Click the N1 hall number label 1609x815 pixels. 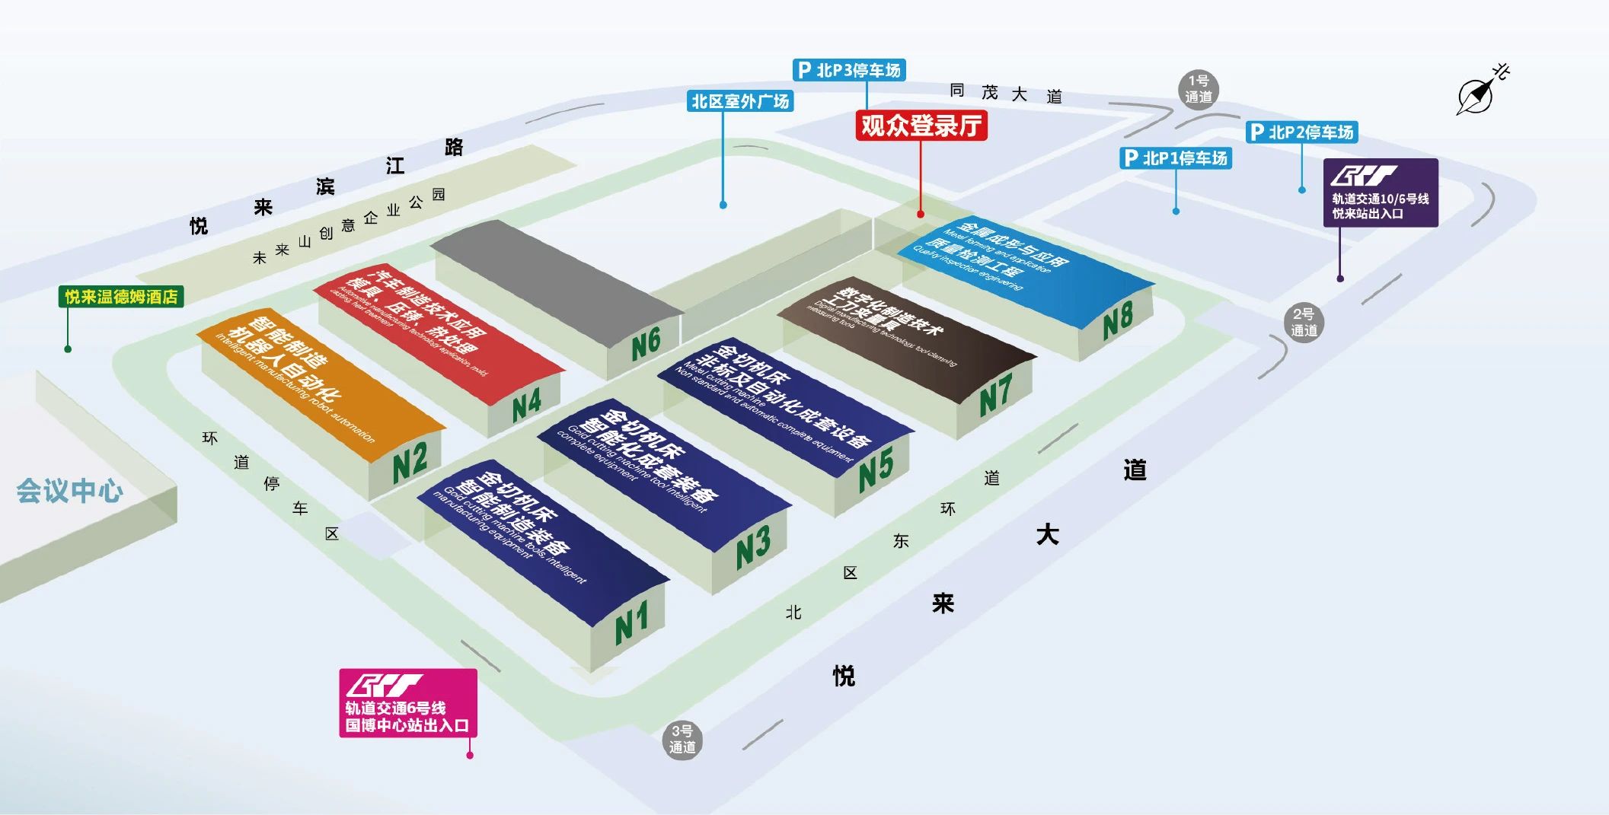point(632,622)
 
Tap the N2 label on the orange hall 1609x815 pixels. point(410,461)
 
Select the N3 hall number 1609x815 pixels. point(753,546)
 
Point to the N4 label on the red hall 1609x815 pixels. point(526,404)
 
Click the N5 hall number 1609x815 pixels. point(876,468)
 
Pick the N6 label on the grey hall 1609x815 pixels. point(646,343)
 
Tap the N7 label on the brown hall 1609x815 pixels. point(995,396)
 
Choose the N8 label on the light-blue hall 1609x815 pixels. point(1118,320)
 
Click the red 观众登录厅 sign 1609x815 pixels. point(921,126)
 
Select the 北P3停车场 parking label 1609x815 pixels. point(849,70)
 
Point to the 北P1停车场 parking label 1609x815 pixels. point(1176,158)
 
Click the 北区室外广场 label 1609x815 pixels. point(740,101)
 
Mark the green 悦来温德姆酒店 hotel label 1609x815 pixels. point(121,296)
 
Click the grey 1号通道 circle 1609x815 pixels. point(1199,89)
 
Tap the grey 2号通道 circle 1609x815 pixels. point(1304,322)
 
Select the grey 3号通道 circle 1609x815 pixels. point(682,740)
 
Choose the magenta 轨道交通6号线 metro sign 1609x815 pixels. point(408,703)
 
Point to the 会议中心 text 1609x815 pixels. point(70,491)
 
